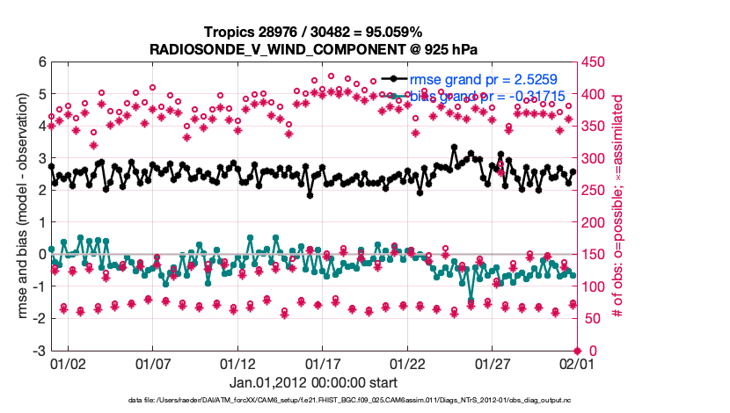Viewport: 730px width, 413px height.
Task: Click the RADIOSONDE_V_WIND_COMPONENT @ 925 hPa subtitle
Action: click(x=313, y=48)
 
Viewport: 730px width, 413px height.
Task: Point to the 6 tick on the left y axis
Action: click(x=41, y=62)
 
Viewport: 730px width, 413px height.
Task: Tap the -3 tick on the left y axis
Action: click(x=39, y=351)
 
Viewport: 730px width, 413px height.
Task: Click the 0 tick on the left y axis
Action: click(x=41, y=254)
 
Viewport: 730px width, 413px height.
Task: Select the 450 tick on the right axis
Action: click(x=591, y=62)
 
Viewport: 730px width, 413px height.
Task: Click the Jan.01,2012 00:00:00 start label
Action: click(x=313, y=382)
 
